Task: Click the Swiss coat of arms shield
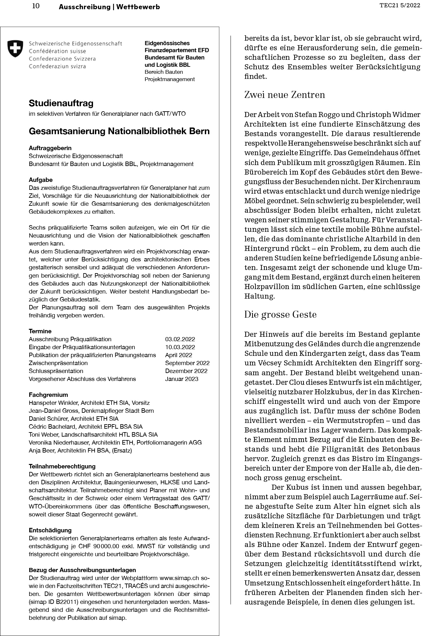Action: [x=15, y=49]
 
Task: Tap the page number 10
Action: [x=36, y=6]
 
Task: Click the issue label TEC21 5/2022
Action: [x=400, y=5]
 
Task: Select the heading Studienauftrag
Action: [x=61, y=103]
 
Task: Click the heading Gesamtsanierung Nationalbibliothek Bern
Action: [x=119, y=131]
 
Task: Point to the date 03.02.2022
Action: [x=180, y=339]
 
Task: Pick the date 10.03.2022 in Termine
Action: [x=180, y=347]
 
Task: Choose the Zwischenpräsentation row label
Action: [x=58, y=363]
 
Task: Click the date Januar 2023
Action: [x=182, y=379]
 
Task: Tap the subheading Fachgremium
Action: [x=48, y=395]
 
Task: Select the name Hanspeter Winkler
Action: [x=53, y=403]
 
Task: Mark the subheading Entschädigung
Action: [x=50, y=530]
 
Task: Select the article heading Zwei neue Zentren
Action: [x=284, y=95]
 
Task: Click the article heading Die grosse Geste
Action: [x=280, y=315]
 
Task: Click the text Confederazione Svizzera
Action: [x=62, y=59]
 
